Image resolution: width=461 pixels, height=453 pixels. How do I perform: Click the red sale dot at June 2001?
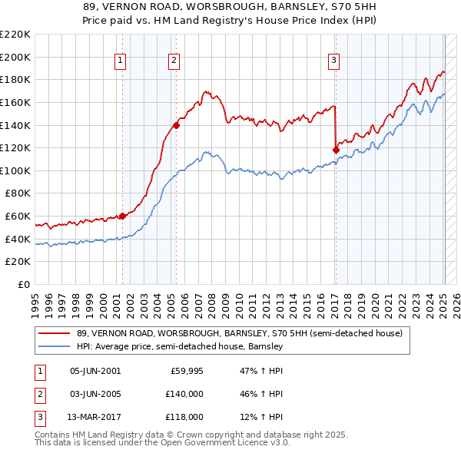coord(122,216)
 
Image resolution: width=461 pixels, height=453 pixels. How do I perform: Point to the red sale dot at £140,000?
coord(176,124)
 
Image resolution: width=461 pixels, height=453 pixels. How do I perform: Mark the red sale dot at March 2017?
coord(336,150)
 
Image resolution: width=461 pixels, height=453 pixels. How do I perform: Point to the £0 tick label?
coord(24,284)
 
